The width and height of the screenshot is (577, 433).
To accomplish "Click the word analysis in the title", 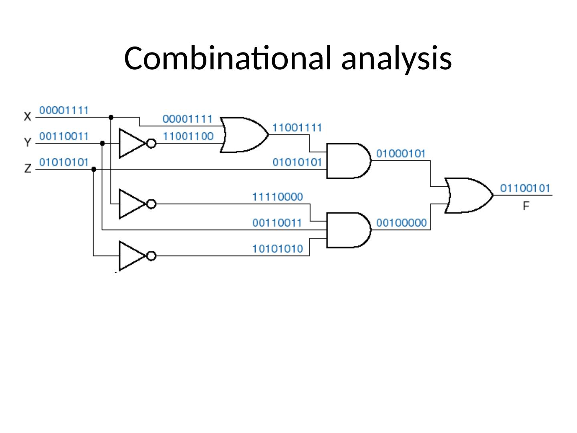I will tap(397, 58).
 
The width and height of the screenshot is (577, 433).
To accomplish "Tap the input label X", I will tap(28, 117).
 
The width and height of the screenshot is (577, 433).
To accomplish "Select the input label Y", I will tap(28, 142).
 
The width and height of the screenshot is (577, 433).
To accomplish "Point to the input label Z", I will tap(28, 168).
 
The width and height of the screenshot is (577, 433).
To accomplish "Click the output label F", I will tap(526, 206).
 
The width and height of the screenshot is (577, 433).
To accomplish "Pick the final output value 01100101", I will tap(525, 188).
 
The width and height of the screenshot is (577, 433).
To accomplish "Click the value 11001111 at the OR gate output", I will tap(297, 127).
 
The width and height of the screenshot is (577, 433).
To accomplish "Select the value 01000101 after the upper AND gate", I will tap(401, 154).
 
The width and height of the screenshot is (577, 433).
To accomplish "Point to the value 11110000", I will tap(277, 197).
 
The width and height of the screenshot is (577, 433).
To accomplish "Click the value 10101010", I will tap(277, 249).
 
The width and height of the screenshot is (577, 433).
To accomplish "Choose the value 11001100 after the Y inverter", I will tap(188, 136).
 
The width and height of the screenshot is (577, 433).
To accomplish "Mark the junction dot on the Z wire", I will tap(94, 169).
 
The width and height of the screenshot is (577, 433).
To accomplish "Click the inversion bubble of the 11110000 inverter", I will tap(151, 204).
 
